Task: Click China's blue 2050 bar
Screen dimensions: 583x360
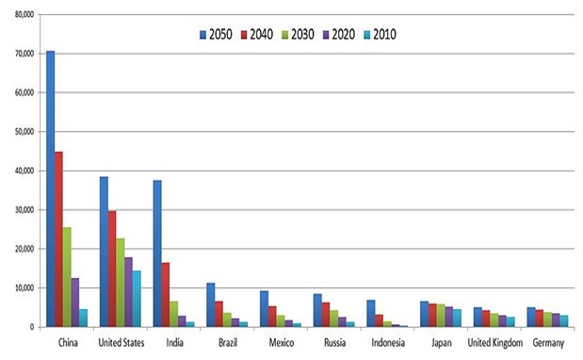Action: coord(50,188)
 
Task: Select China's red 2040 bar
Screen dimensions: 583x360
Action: coord(58,239)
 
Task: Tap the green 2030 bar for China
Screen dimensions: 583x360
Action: coord(67,277)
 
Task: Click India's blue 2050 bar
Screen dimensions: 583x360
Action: coord(157,254)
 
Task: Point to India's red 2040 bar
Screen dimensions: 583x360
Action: coord(166,295)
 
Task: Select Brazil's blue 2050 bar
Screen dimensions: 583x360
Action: coord(210,305)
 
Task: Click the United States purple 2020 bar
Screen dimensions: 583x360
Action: coord(128,292)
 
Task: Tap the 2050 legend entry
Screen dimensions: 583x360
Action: coord(216,35)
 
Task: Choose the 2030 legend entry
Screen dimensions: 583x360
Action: coord(298,35)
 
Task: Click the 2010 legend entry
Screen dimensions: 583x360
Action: coord(380,35)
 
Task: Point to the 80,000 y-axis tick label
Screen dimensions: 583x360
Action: coord(24,14)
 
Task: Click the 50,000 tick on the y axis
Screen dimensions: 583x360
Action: coord(24,132)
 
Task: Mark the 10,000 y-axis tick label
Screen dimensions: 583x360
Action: coord(24,287)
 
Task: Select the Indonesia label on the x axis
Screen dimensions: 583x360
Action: coord(388,342)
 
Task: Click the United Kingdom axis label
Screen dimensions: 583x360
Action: coord(494,342)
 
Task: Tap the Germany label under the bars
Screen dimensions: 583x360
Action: coord(548,343)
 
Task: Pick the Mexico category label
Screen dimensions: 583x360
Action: coord(282,342)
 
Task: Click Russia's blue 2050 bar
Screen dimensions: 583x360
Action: coord(317,311)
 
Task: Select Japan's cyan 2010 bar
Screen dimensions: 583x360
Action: coord(457,319)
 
